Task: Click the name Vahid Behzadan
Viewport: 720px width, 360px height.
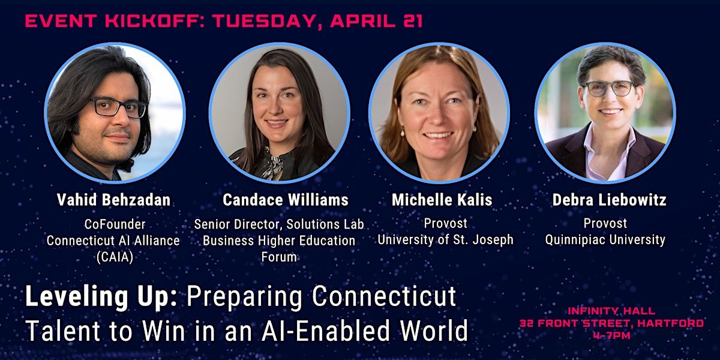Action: click(x=113, y=200)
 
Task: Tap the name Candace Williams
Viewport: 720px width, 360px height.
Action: click(x=286, y=200)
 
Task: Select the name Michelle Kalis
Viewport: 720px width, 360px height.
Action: click(x=442, y=200)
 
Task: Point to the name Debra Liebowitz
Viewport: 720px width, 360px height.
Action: click(x=609, y=200)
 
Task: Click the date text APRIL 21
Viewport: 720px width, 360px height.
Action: click(x=376, y=21)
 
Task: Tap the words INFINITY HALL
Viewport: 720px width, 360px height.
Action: click(x=611, y=311)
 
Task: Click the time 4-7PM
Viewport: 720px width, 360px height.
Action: click(x=611, y=335)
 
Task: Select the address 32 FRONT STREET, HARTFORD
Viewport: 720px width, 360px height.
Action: click(x=611, y=323)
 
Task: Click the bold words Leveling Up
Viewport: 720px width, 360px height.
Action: click(x=101, y=296)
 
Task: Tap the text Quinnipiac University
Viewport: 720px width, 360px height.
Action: click(x=605, y=240)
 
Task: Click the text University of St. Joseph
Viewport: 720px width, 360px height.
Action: click(x=445, y=240)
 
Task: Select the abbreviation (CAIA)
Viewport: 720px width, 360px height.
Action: click(x=115, y=257)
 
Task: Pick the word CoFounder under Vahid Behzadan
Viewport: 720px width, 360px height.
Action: click(x=115, y=224)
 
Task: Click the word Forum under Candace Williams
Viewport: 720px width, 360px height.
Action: click(x=279, y=257)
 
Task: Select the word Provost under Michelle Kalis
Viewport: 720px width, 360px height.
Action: click(x=445, y=223)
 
